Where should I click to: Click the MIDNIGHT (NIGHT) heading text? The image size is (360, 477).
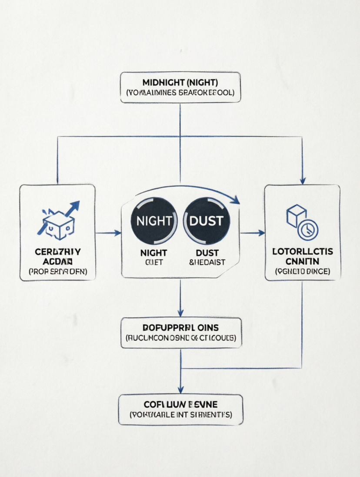coord(180,82)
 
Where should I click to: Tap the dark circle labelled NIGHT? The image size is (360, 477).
coord(153,221)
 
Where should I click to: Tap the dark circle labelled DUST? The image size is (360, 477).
coord(206,221)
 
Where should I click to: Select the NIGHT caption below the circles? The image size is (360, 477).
coord(153,252)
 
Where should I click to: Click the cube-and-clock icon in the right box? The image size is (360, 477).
coord(302,222)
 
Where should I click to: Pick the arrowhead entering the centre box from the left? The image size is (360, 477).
coord(118,233)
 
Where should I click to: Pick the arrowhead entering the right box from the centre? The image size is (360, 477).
coord(261,233)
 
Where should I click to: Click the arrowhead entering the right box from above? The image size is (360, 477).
coord(303,181)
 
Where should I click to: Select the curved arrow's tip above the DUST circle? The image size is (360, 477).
coord(237,201)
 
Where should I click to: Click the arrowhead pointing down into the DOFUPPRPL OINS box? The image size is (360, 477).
coord(180,313)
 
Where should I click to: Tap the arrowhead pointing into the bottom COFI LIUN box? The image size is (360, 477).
coord(180,390)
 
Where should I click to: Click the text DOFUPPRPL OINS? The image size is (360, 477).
coord(181,327)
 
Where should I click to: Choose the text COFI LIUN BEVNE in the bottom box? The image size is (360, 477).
coord(181,404)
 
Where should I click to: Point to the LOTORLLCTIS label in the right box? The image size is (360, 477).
coord(303,252)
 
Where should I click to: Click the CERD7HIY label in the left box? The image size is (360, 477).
coord(57,252)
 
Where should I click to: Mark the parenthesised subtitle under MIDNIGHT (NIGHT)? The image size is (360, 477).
coord(180,93)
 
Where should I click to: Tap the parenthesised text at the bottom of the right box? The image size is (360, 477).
coord(303,271)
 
